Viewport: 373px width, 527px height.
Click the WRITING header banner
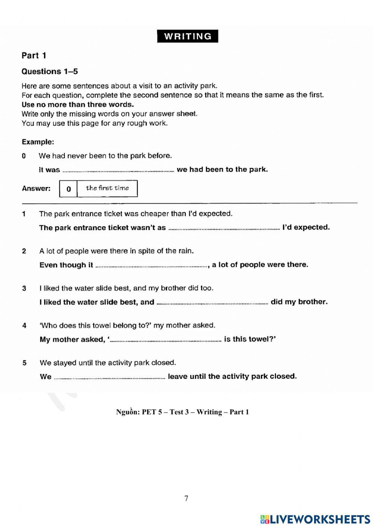tap(188, 36)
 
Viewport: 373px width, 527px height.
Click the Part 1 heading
tap(34, 56)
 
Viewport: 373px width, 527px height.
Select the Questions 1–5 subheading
tap(50, 71)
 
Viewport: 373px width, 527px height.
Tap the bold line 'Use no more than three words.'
tap(78, 104)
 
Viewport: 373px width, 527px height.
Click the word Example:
tap(38, 142)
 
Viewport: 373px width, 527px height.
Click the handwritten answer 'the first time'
tap(107, 188)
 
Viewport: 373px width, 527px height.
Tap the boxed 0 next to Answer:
tap(68, 189)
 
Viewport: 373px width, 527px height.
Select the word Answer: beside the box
tap(36, 188)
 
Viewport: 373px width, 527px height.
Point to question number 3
tap(24, 288)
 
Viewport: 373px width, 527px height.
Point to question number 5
tap(24, 363)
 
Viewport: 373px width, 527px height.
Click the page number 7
tap(186, 498)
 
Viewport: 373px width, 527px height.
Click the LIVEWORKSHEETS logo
tap(315, 519)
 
